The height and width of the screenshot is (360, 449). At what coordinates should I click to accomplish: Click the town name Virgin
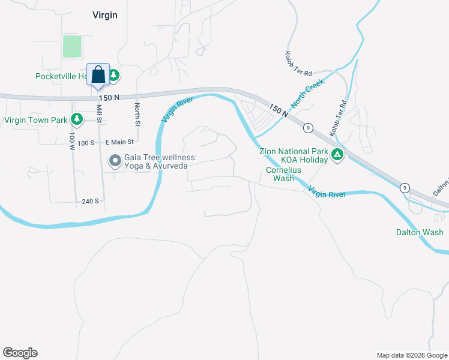click(104, 15)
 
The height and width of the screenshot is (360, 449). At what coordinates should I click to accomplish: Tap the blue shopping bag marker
click(98, 76)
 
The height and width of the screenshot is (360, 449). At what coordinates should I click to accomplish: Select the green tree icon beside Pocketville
click(113, 76)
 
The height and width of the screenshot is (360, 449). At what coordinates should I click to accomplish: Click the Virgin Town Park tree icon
click(76, 119)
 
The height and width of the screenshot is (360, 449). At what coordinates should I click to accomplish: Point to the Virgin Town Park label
click(35, 120)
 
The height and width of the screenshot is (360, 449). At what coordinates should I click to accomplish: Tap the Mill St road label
click(100, 114)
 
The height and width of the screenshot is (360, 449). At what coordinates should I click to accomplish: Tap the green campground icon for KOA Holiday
click(337, 155)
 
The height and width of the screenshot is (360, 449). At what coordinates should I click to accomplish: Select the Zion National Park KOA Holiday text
click(294, 156)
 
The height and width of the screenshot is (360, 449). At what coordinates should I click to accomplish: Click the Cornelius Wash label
click(280, 174)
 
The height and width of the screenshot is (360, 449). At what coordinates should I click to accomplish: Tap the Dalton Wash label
click(420, 232)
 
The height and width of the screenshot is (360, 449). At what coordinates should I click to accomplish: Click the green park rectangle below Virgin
click(71, 46)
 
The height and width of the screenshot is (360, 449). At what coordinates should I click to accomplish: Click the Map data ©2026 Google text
click(411, 355)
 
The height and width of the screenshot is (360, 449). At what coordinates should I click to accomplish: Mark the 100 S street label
click(86, 143)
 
